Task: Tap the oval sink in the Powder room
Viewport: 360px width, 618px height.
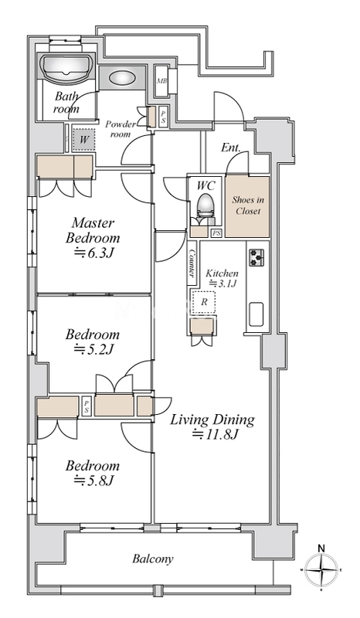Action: (x=121, y=78)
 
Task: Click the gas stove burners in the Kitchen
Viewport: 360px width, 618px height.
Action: (x=256, y=257)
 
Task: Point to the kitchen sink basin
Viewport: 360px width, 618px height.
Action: (x=256, y=314)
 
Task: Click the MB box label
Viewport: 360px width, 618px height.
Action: (x=161, y=82)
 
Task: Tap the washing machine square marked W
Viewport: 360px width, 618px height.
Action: (x=84, y=140)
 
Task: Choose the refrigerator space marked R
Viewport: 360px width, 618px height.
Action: (x=203, y=302)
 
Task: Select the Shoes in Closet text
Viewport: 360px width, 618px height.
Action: (x=248, y=205)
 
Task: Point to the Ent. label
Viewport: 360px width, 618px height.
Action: (x=231, y=148)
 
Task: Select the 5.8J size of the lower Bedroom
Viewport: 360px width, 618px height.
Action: (x=94, y=480)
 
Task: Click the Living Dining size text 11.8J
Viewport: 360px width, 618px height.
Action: (x=216, y=435)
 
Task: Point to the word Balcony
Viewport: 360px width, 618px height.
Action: (x=153, y=559)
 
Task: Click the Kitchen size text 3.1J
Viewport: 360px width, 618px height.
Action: (x=222, y=283)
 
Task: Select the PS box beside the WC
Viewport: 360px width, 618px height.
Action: (x=216, y=233)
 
